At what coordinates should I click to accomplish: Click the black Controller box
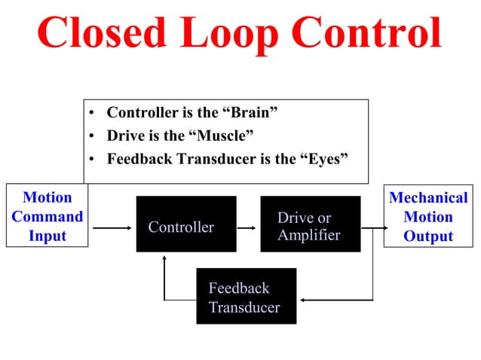pos(185,224)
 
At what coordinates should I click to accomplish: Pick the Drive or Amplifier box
pos(310,224)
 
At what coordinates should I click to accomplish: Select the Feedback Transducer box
pos(246,296)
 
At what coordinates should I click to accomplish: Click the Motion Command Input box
pos(47,215)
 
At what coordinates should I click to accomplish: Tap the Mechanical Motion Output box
pos(428,215)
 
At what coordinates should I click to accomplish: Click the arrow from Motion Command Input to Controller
pos(112,227)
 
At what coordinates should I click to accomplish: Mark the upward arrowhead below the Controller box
pos(164,257)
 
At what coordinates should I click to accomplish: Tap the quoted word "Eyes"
pos(321,159)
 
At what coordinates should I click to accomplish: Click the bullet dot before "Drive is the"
pos(91,136)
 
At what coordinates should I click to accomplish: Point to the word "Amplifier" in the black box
pos(308,235)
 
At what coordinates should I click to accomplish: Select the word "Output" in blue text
pos(428,236)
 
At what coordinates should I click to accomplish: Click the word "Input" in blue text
pos(47,236)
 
